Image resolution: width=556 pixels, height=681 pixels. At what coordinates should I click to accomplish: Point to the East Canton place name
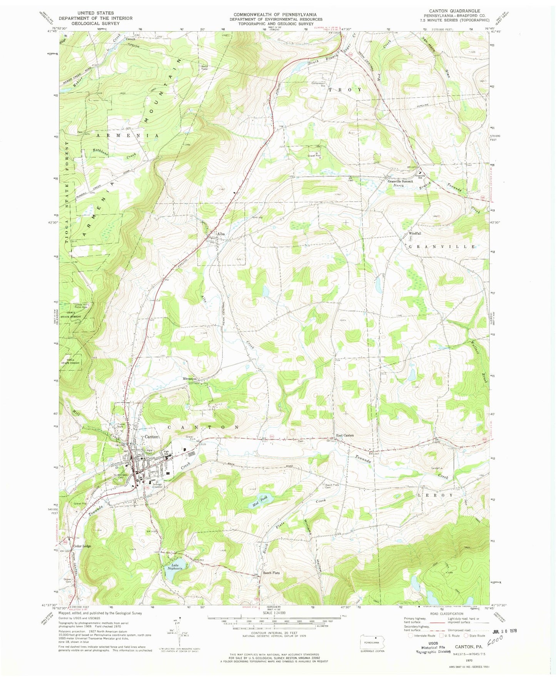click(x=345, y=435)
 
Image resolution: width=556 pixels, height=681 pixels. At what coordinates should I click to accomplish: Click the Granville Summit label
click(x=400, y=181)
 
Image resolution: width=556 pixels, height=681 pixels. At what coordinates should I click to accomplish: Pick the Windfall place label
click(x=415, y=233)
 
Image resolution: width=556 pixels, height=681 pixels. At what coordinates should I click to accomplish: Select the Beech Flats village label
click(x=271, y=573)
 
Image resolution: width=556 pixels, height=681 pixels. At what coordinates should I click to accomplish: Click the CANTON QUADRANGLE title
click(x=451, y=11)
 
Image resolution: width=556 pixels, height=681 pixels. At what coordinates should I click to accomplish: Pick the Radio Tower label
click(x=204, y=67)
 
